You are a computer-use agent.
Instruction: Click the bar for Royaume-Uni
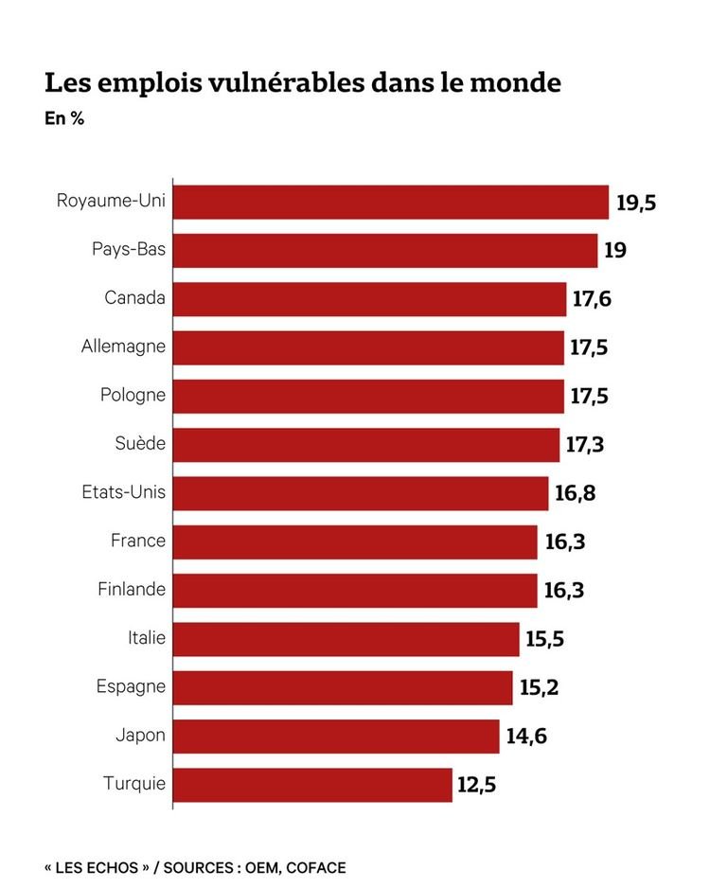click(x=391, y=202)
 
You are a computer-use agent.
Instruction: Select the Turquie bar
click(x=313, y=784)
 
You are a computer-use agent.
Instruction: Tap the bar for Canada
click(x=370, y=299)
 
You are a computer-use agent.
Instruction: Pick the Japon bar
click(x=336, y=736)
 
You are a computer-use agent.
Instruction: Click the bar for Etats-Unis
click(x=361, y=493)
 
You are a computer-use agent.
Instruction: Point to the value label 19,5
click(x=636, y=203)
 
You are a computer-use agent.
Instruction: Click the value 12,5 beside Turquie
click(x=477, y=785)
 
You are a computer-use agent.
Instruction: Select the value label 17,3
click(x=586, y=445)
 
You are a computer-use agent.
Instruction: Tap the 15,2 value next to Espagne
click(x=540, y=687)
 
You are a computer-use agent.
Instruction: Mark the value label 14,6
click(x=526, y=736)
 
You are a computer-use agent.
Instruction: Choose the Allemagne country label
click(x=123, y=346)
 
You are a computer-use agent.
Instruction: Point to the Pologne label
click(x=133, y=395)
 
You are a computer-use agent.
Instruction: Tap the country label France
click(x=138, y=541)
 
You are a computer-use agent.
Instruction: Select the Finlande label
click(x=132, y=589)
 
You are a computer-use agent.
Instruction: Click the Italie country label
click(x=147, y=638)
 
